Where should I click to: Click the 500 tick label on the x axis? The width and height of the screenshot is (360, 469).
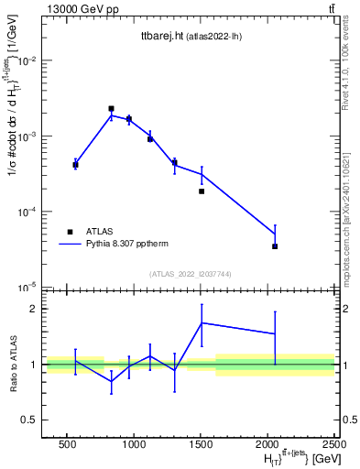pos(66,446)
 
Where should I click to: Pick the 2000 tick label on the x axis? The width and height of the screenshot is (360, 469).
pos(268,446)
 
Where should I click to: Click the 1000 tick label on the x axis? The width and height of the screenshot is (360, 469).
pos(134,446)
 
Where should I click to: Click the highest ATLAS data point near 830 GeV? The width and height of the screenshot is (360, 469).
pos(111,108)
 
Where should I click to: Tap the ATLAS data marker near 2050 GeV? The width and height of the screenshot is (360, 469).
pos(275,246)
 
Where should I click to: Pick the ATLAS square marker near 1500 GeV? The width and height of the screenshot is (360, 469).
pos(202,191)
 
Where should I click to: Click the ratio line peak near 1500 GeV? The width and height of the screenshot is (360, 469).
pos(202,322)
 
